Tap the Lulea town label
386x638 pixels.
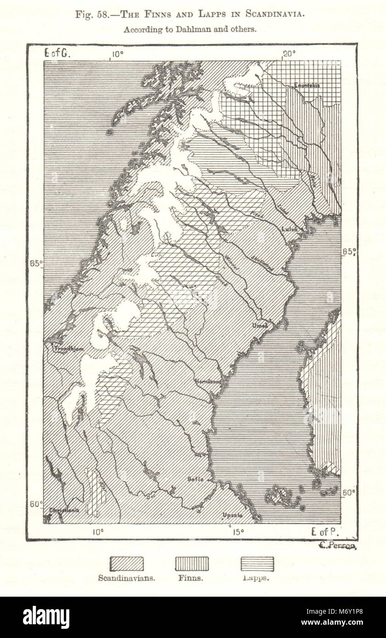pyautogui.click(x=290, y=229)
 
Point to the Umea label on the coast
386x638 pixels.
pyautogui.click(x=259, y=325)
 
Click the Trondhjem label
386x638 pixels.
pyautogui.click(x=69, y=349)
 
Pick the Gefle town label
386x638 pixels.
pyautogui.click(x=196, y=478)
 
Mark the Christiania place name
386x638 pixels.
pyautogui.click(x=61, y=510)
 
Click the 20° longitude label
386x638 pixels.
pyautogui.click(x=288, y=54)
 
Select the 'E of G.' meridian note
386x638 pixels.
pyautogui.click(x=56, y=53)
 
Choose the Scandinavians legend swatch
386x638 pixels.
pyautogui.click(x=126, y=564)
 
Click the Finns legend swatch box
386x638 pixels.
pyautogui.click(x=192, y=564)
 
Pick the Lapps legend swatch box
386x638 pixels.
pyautogui.click(x=257, y=564)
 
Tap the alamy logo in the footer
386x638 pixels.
pyautogui.click(x=46, y=617)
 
